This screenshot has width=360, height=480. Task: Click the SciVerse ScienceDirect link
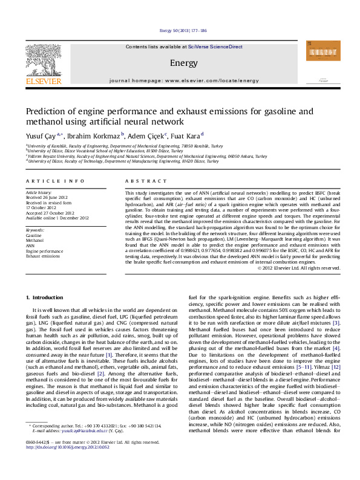215,47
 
